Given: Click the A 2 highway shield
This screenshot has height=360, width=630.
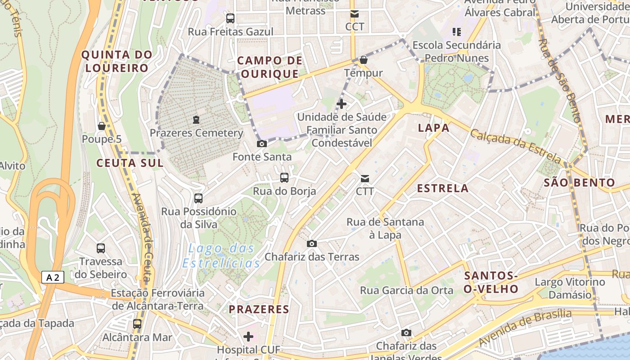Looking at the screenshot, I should tap(53, 277).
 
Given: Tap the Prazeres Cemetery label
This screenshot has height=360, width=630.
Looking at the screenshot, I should tap(196, 133).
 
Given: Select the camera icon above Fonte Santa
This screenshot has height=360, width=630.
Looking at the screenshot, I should tap(261, 144).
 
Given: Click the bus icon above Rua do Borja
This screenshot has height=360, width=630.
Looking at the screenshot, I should tap(284, 178).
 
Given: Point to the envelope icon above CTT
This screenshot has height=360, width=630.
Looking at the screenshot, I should tap(365, 179).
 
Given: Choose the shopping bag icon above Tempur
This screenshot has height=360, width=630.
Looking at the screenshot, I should tap(364, 60).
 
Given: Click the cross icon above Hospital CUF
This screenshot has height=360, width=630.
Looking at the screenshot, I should tap(248, 336).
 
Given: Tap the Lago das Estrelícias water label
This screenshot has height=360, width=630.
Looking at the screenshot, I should tap(221, 256).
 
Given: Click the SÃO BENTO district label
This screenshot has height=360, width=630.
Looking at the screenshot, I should tap(579, 183).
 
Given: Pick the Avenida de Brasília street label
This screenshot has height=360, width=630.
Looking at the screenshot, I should tap(525, 328).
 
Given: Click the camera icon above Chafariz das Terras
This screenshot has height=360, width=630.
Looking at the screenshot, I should tap(311, 244).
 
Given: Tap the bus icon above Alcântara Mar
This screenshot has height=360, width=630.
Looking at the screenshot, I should tap(137, 324).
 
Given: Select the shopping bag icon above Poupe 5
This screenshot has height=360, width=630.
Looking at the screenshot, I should tap(102, 126).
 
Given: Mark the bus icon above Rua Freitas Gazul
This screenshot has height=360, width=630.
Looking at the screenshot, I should tap(230, 18).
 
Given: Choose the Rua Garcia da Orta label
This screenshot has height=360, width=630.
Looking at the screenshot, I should tap(407, 291).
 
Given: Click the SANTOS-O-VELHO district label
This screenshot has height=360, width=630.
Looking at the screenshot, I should tap(491, 282).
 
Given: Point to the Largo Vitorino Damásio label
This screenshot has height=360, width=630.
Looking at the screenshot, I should tap(570, 288).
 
